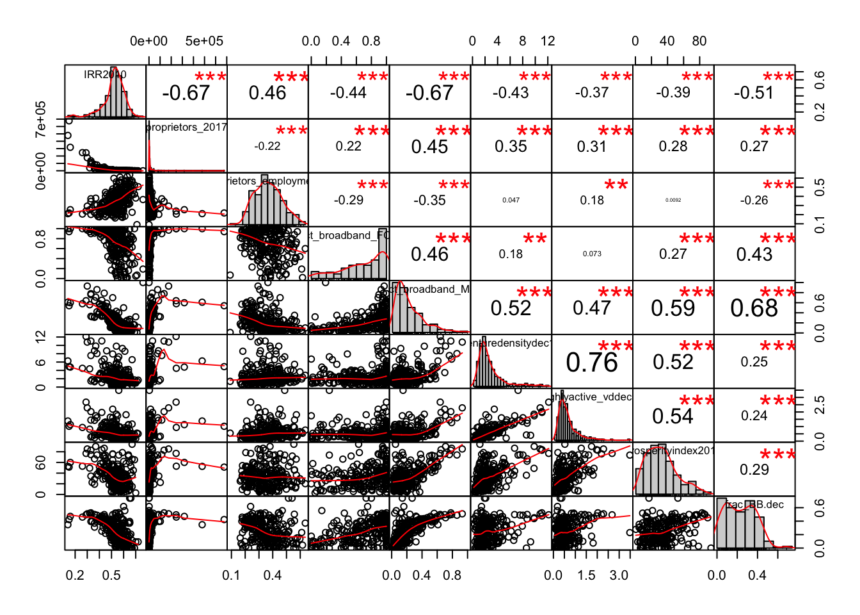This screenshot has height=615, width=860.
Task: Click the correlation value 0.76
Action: click(592, 363)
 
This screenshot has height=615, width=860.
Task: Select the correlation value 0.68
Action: click(754, 308)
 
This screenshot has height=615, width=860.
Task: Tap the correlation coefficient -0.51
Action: click(754, 93)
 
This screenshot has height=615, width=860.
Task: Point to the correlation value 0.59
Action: click(673, 308)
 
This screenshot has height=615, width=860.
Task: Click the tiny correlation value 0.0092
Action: click(673, 200)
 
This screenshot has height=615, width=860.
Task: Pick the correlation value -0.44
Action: click(348, 93)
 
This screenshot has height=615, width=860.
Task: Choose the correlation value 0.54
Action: click(673, 416)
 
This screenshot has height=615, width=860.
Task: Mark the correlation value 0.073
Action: click(592, 254)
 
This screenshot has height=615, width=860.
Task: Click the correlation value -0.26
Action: click(754, 200)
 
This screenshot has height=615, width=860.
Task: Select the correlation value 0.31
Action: click(592, 147)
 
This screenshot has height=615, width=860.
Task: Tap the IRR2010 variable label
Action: click(105, 74)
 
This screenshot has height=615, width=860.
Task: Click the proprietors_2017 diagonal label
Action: click(186, 127)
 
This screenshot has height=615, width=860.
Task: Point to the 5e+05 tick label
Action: click(204, 41)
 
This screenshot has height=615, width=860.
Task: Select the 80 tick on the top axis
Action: click(699, 41)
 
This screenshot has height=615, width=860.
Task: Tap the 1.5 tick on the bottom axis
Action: click(586, 575)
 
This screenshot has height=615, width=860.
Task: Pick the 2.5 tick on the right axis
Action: click(820, 405)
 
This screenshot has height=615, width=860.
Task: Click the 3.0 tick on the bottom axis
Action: click(619, 575)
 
